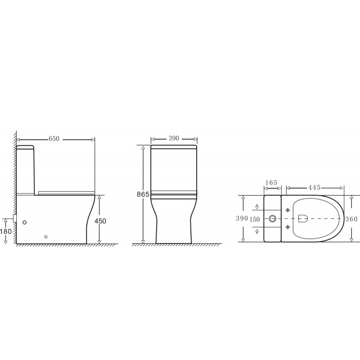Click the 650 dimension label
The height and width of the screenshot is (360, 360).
(x=54, y=139)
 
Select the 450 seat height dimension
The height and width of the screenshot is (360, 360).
(x=100, y=221)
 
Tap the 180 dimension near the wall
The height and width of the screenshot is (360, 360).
(x=6, y=231)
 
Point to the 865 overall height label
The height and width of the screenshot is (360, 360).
(x=143, y=194)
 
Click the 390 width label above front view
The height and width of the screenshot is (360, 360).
(x=174, y=139)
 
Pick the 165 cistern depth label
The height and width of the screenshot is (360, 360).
(x=271, y=183)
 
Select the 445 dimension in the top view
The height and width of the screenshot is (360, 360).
(x=314, y=188)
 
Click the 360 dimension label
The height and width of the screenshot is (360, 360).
(x=351, y=219)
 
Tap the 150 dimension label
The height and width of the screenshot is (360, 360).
(x=255, y=220)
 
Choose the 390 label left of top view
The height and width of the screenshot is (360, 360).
(x=242, y=218)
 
